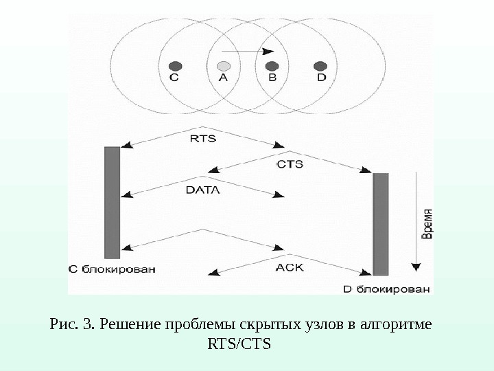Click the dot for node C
[x=175, y=66]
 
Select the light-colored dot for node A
[x=223, y=66]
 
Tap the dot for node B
[x=272, y=66]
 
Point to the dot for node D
[x=320, y=66]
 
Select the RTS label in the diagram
[x=202, y=138]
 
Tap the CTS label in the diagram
[x=290, y=164]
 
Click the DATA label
[x=203, y=190]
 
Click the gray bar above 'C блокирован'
[x=112, y=202]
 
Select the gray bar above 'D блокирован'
[x=380, y=224]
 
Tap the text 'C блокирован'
[x=112, y=269]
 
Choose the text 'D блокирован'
[x=387, y=289]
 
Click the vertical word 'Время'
[x=426, y=224]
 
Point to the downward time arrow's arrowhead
[x=414, y=267]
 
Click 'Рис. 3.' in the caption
[x=73, y=323]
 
